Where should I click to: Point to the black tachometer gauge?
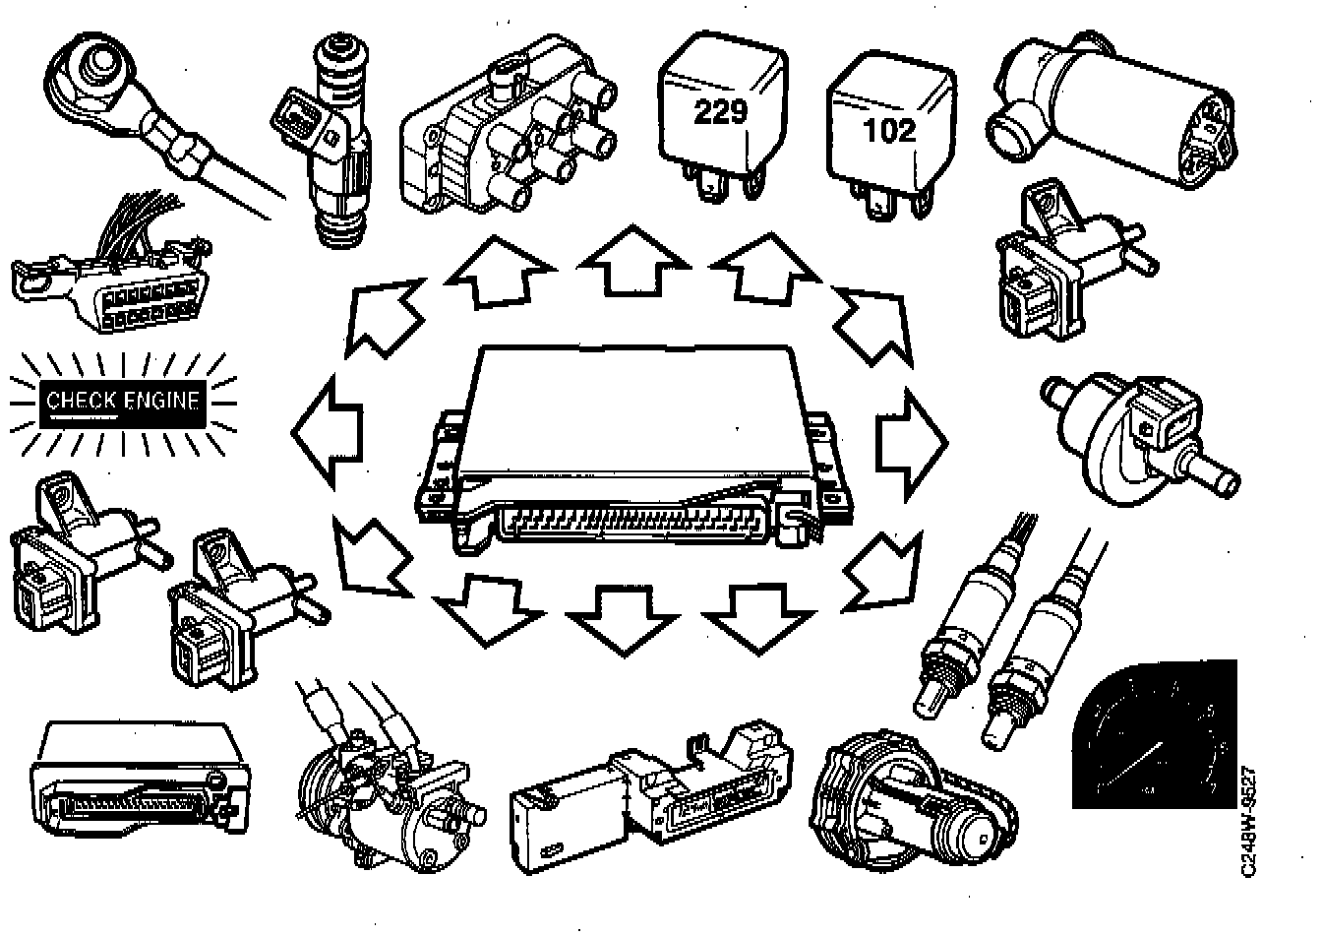pyautogui.click(x=1151, y=733)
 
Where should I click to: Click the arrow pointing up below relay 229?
pyautogui.click(x=632, y=261)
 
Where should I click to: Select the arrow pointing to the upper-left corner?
pyautogui.click(x=384, y=315)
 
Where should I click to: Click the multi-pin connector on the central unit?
pyautogui.click(x=630, y=522)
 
